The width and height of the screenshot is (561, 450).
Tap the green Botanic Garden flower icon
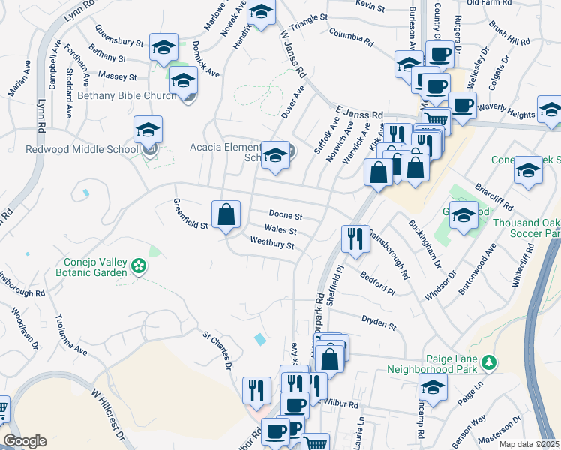(x=138, y=265)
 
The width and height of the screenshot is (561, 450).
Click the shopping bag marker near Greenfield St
(x=226, y=216)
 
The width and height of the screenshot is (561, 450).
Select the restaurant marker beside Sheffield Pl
(x=355, y=239)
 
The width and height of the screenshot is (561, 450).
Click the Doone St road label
(x=285, y=216)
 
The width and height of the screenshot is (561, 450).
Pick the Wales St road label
(x=281, y=230)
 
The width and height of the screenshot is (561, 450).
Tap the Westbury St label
(x=272, y=244)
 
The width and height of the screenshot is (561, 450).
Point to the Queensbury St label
(x=118, y=37)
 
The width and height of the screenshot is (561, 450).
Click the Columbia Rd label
(x=350, y=34)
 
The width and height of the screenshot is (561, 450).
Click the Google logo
(x=24, y=441)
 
